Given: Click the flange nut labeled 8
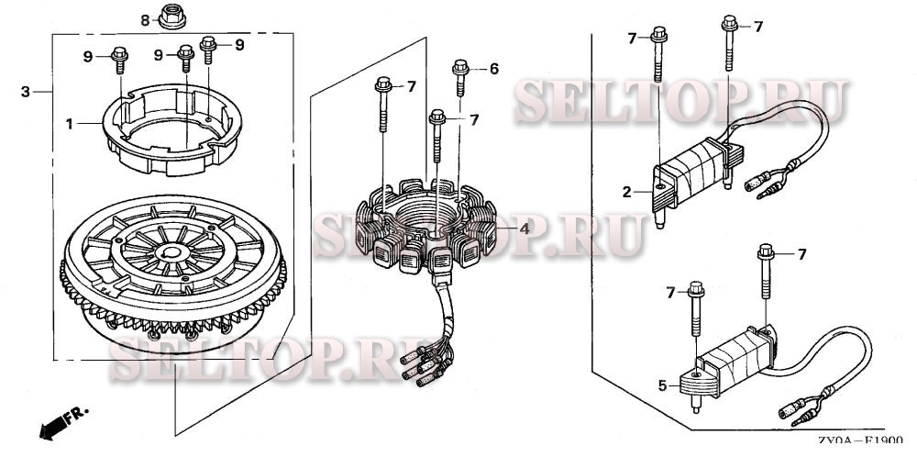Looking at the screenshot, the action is [172, 17].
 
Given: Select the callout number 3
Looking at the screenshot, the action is [25, 92].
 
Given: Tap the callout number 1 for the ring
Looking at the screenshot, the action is [69, 124].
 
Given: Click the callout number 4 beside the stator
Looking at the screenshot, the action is [525, 228].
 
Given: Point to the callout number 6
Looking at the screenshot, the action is [494, 69].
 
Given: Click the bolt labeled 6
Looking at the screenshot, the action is [461, 77].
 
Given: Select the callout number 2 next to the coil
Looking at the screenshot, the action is [627, 192].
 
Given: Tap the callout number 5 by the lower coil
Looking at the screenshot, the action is [662, 385].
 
